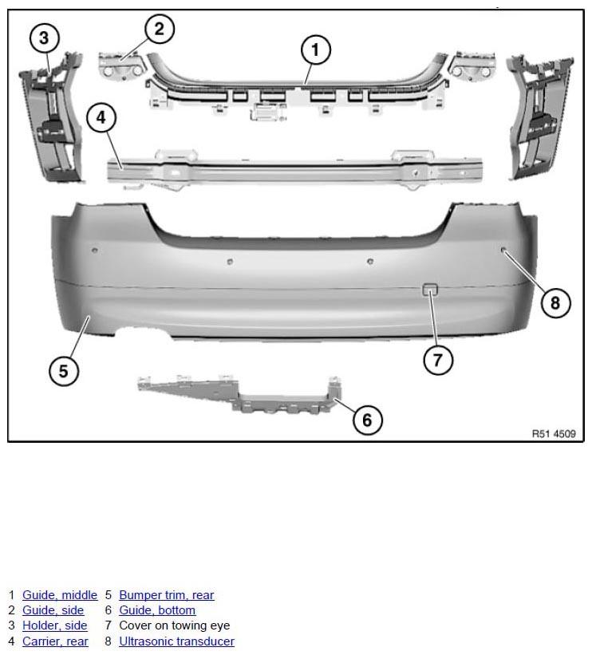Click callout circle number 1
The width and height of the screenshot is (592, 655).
tap(316, 49)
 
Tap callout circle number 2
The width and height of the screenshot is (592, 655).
tap(160, 29)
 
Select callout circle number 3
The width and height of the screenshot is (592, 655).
tap(45, 38)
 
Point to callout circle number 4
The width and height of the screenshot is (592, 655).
tap(101, 118)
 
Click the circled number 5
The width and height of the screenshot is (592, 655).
tap(64, 371)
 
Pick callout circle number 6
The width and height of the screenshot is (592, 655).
tap(367, 420)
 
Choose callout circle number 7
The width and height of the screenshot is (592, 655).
tap(438, 359)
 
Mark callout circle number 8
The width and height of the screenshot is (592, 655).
tap(555, 302)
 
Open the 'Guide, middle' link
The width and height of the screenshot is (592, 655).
tap(60, 595)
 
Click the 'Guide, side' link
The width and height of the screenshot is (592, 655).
tap(53, 610)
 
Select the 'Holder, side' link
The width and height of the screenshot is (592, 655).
tap(55, 625)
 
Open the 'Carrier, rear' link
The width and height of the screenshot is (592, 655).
tap(55, 641)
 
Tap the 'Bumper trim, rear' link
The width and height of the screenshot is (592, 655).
tap(167, 595)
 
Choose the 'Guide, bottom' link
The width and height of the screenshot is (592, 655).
tap(157, 610)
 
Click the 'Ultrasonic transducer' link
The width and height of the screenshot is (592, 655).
tap(177, 641)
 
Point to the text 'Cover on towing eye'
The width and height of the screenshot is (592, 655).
tap(175, 625)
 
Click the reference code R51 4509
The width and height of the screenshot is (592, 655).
tap(554, 434)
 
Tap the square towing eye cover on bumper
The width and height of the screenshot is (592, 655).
tap(429, 290)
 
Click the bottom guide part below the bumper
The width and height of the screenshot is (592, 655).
tap(241, 395)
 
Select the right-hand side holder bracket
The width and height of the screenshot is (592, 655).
tap(539, 117)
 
